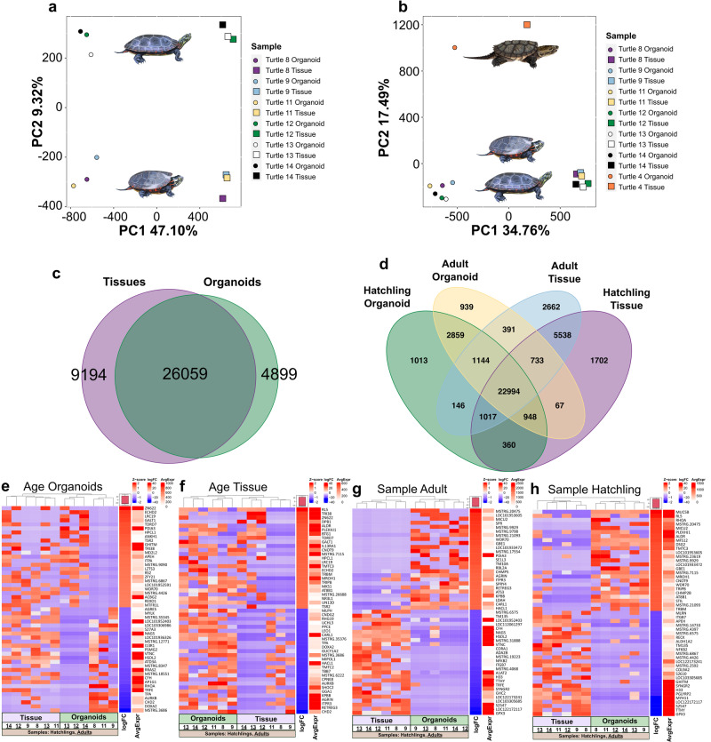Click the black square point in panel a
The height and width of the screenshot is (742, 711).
[x=223, y=25]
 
